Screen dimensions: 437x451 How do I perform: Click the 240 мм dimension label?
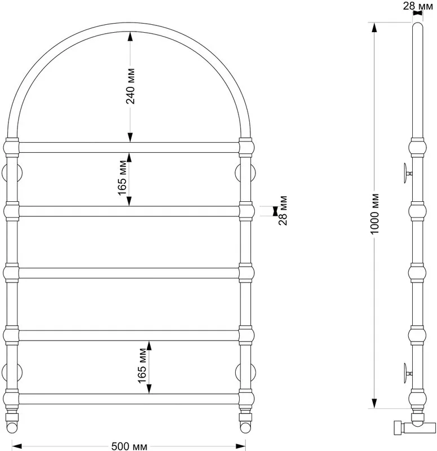click(x=130, y=86)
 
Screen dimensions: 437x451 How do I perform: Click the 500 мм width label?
click(x=129, y=446)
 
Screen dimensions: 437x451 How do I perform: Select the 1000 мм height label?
click(x=374, y=214)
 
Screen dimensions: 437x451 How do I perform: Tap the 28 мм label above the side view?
click(x=418, y=6)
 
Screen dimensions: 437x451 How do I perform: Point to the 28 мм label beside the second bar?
click(x=283, y=210)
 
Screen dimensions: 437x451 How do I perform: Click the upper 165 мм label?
click(x=122, y=178)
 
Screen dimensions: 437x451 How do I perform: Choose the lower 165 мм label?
click(x=142, y=365)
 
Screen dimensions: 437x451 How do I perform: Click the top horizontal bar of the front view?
click(x=129, y=147)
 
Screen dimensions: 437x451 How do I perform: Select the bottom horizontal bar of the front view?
click(x=129, y=399)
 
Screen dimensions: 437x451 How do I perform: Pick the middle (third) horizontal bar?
click(x=129, y=273)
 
